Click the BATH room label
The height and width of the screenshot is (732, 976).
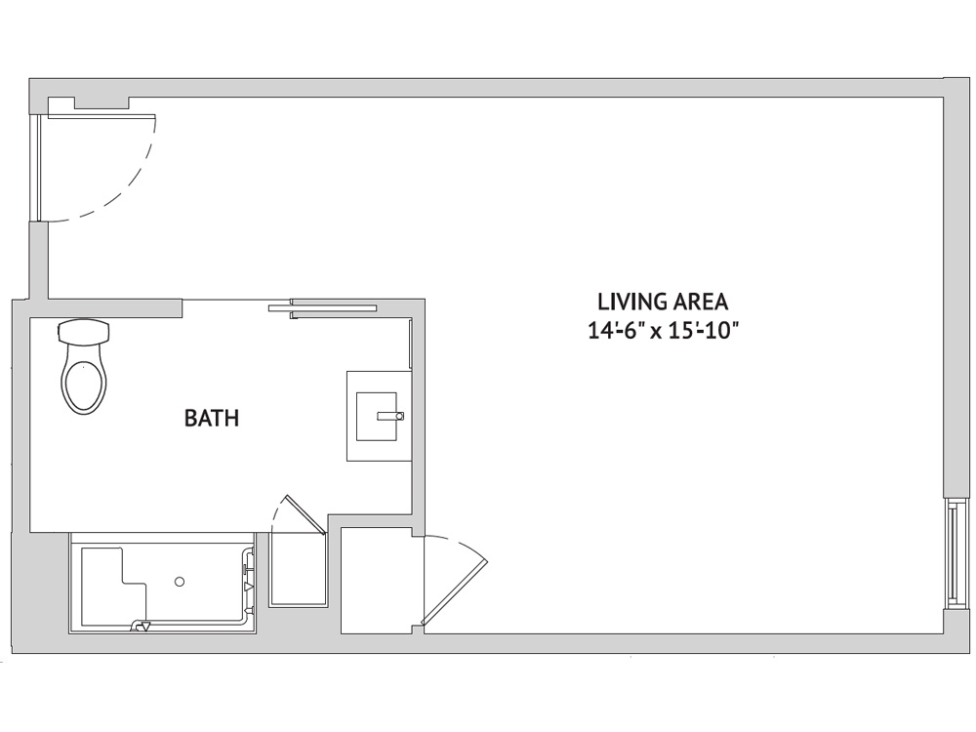pos(212,419)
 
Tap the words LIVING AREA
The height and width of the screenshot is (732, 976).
pos(663,302)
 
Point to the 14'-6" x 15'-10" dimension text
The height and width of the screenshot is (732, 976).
pos(663,331)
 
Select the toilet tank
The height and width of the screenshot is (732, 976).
pos(84,332)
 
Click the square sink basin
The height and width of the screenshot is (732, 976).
pos(376,416)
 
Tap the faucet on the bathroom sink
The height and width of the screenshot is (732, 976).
pos(391,416)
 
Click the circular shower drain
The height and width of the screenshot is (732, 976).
pos(180,582)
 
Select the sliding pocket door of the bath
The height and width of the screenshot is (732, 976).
pos(322,307)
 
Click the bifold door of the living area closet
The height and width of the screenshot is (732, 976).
pos(455,582)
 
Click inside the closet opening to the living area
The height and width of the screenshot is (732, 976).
pos(376,581)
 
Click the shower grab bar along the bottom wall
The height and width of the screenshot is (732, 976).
pos(193,623)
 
